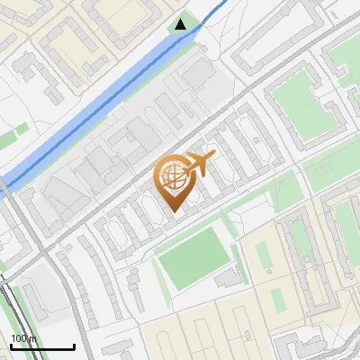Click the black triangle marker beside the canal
(x=182, y=23)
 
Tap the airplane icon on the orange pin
(x=198, y=165)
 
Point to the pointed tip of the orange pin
(x=172, y=211)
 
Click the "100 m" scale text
(x=22, y=338)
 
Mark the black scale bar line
(x=42, y=346)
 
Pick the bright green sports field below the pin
(x=193, y=258)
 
